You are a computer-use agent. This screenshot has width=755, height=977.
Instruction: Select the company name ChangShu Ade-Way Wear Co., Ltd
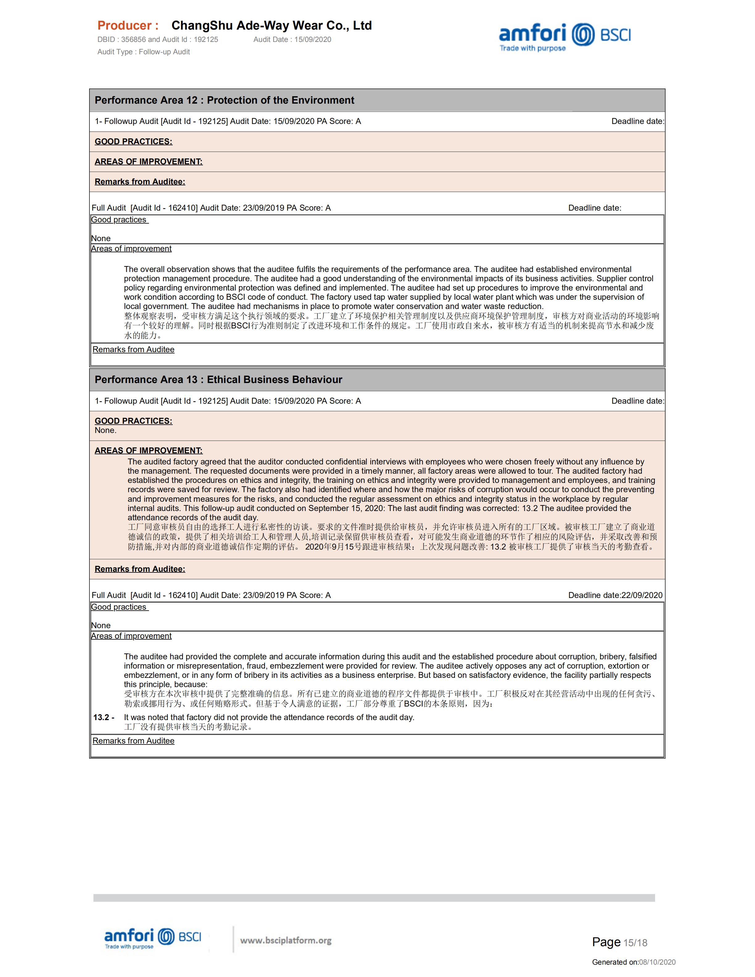(271, 26)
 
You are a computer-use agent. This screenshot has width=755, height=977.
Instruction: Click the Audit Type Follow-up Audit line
(144, 52)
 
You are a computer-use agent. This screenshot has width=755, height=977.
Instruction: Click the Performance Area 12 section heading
(224, 100)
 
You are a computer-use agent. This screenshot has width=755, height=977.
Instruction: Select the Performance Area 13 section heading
(218, 380)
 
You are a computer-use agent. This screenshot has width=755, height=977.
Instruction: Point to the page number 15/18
(635, 943)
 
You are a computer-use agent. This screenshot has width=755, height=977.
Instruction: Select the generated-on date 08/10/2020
(657, 962)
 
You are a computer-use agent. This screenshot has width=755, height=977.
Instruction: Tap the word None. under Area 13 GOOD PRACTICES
(105, 430)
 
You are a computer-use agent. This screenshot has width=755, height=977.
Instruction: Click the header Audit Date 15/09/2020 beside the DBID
(292, 39)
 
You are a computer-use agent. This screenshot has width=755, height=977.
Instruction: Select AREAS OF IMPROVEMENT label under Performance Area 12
(148, 162)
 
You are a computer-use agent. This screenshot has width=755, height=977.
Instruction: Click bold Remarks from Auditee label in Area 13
(139, 569)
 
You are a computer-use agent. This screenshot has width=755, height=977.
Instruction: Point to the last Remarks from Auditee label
(133, 741)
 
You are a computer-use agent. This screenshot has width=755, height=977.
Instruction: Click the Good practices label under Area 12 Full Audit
(119, 220)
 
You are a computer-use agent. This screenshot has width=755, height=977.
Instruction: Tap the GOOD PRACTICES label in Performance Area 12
(133, 141)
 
